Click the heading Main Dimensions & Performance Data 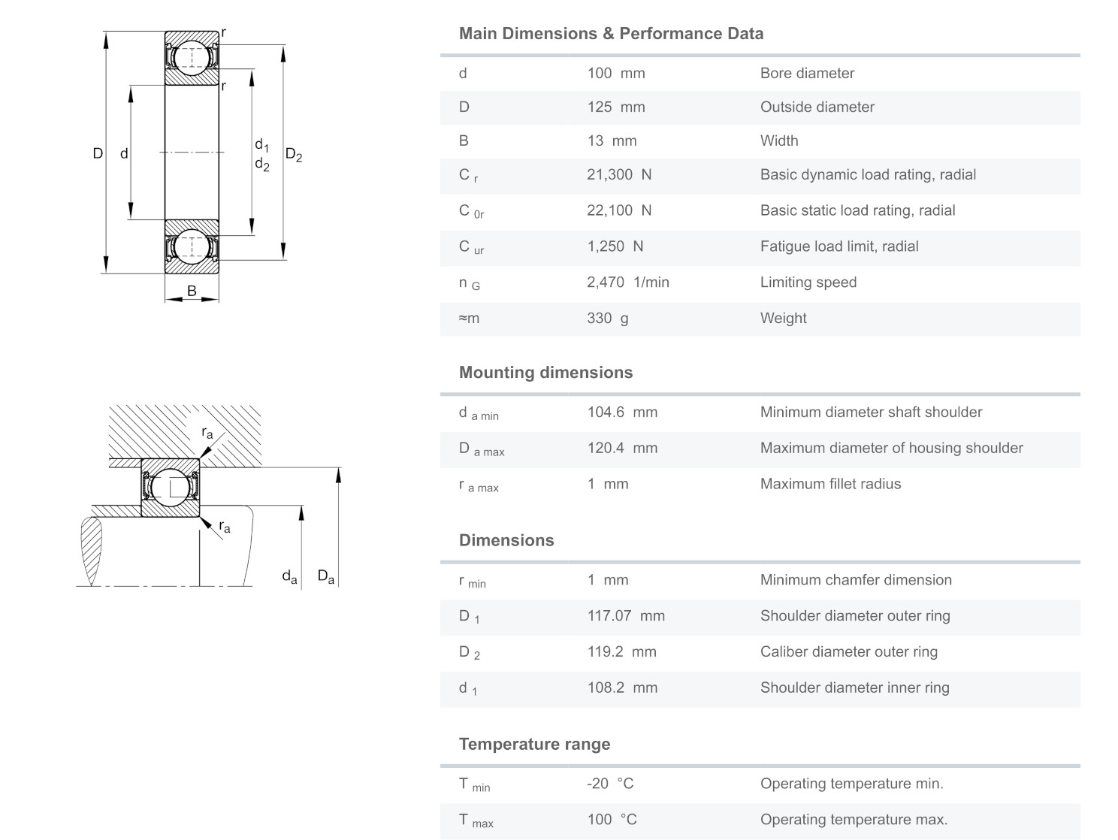tap(611, 34)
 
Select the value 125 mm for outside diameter tap(615, 107)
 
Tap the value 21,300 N tap(618, 175)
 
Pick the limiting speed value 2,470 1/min tap(627, 283)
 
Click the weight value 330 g tap(607, 319)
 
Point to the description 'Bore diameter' tap(807, 74)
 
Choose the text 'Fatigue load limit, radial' tap(838, 246)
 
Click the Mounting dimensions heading tap(545, 373)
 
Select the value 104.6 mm tap(621, 412)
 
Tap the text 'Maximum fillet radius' tap(830, 485)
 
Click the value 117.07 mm tap(625, 616)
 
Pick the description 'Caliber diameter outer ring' tap(848, 652)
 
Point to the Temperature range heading tap(534, 745)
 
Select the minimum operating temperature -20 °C tap(609, 784)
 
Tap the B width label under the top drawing tap(192, 291)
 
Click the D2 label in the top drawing tap(294, 156)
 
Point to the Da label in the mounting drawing tap(326, 577)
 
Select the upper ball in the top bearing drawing tap(192, 57)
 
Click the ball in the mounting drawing tap(170, 487)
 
